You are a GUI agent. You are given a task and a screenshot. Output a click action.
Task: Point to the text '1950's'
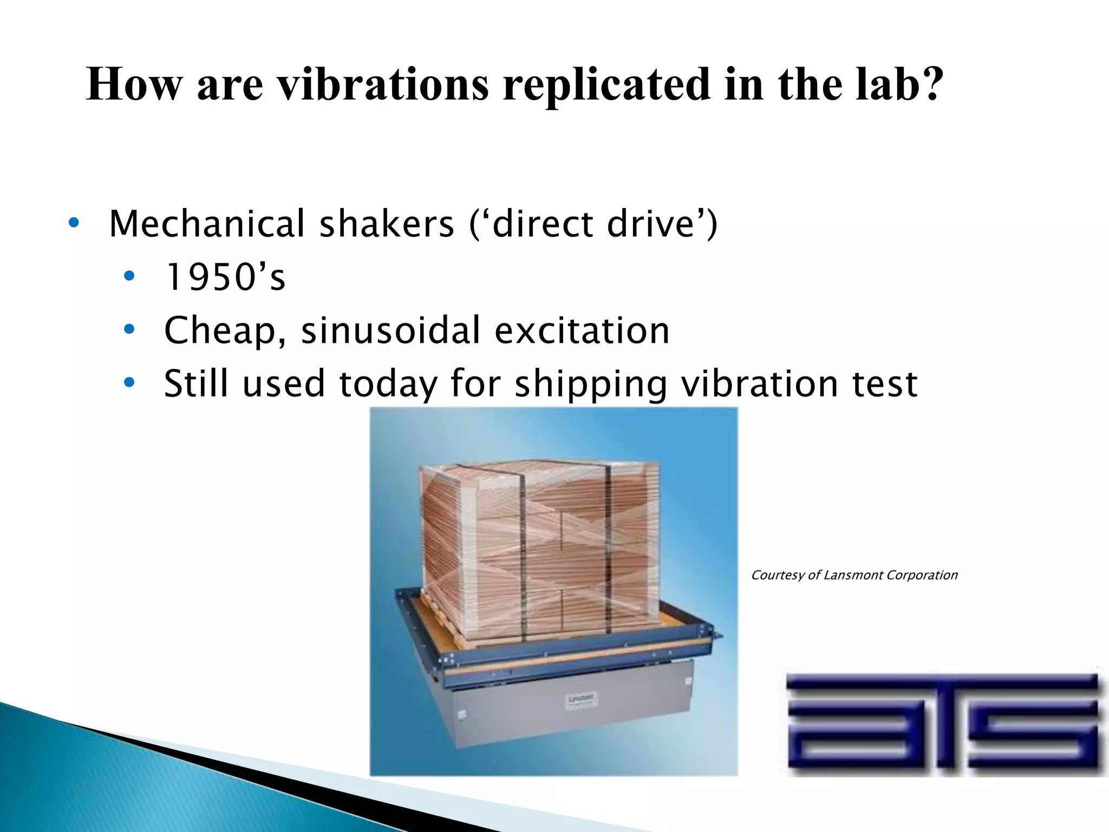(225, 277)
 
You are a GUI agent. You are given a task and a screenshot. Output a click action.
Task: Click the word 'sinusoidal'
(390, 330)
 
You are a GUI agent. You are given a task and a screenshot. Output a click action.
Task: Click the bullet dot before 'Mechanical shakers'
(74, 223)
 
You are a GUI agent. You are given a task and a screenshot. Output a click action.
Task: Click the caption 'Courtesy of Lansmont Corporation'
(854, 575)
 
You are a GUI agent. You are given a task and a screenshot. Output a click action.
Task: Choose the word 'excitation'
(582, 330)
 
